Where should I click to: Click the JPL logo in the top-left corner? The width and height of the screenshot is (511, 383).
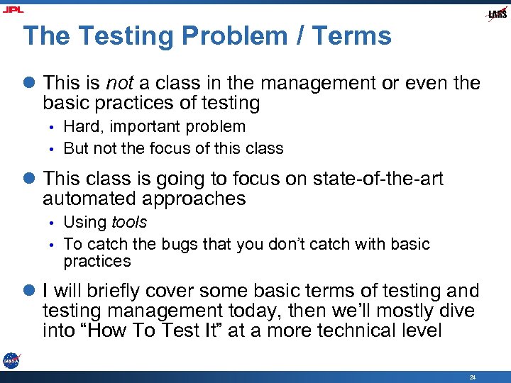click(x=12, y=9)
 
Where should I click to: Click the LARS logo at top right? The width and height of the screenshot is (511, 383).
click(x=497, y=14)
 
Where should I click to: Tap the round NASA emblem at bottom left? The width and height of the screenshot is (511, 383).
click(x=11, y=360)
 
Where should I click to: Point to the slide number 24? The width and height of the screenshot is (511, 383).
click(x=473, y=377)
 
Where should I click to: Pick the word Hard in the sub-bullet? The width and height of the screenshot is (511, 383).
click(x=80, y=127)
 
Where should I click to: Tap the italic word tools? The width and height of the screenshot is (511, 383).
click(x=129, y=222)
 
